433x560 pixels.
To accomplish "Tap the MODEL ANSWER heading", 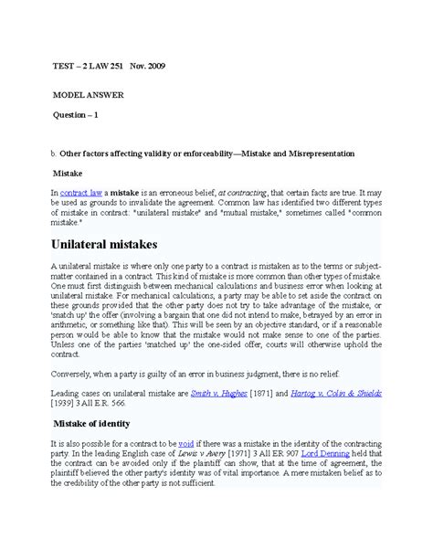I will [x=89, y=95].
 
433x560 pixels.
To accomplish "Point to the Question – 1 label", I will [x=81, y=115].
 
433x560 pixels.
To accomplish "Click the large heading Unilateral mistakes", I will [x=119, y=245].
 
